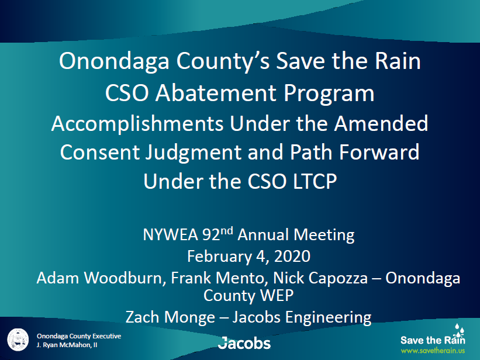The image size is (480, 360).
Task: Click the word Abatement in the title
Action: (216, 93)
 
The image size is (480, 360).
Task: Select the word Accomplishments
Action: (137, 124)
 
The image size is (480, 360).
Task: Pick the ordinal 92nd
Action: (217, 234)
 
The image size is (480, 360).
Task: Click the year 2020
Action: (292, 256)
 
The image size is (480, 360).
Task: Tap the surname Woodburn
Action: (125, 278)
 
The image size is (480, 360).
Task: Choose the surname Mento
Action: (240, 278)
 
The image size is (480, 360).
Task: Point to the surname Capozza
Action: (338, 279)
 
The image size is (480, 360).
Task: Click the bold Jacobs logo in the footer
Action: (244, 343)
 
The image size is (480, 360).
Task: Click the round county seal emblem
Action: (18, 340)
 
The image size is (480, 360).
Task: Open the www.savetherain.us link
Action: (433, 351)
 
